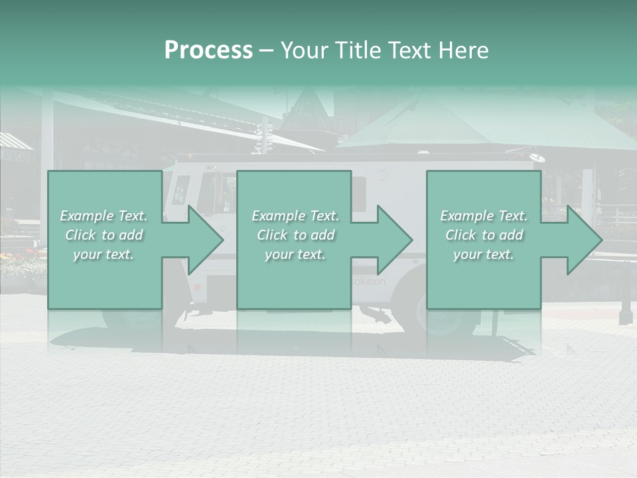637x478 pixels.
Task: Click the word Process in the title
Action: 208,50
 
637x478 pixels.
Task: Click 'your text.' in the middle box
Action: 295,254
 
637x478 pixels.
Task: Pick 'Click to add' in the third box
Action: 484,235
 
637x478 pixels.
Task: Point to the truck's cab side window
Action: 180,190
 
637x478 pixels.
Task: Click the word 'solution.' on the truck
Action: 369,281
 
